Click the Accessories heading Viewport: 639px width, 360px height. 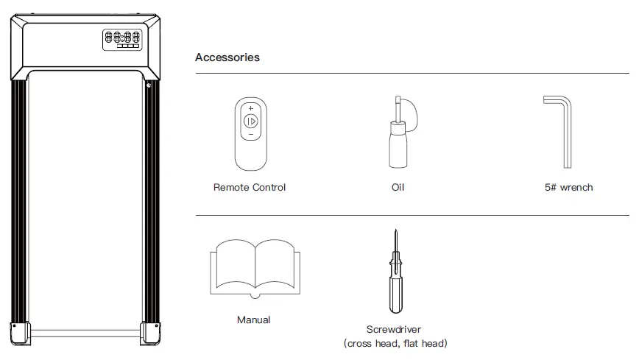(227, 57)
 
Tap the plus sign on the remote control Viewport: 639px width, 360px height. (250, 108)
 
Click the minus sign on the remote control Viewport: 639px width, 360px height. (250, 135)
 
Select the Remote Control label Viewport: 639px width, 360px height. (250, 187)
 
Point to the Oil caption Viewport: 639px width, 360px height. (398, 187)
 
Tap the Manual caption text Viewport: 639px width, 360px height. (253, 320)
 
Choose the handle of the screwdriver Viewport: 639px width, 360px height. (395, 291)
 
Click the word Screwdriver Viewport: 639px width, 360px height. (394, 330)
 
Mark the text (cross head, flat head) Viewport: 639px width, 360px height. (395, 343)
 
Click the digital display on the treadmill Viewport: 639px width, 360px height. (122, 38)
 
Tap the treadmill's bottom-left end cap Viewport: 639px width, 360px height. (20, 333)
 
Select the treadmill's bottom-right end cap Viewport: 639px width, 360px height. (152, 333)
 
